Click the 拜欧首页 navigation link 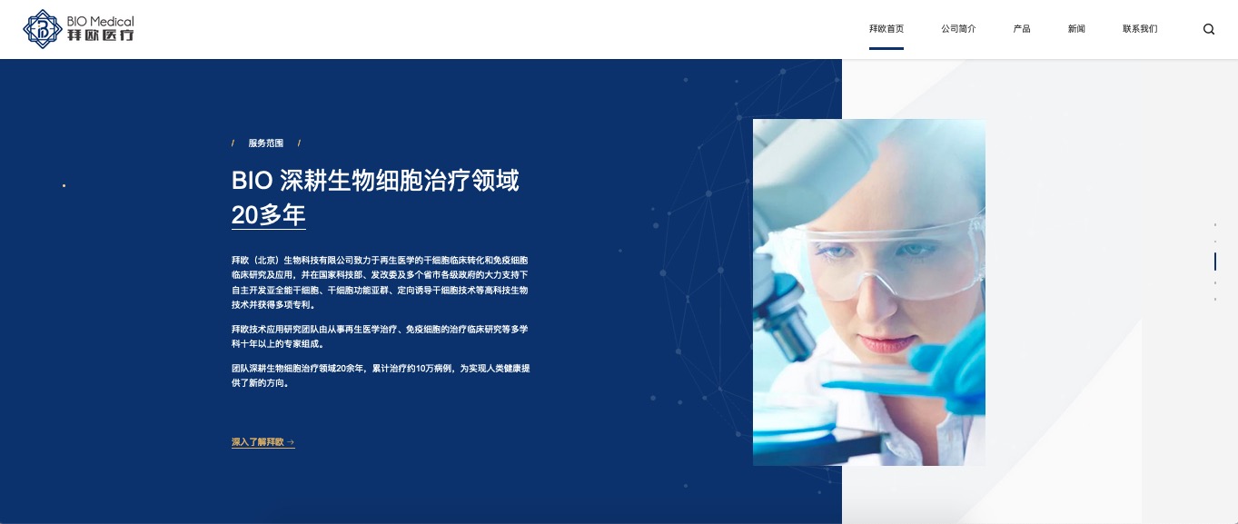[x=886, y=29]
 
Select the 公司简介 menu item [x=958, y=29]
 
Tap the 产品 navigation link [x=1021, y=29]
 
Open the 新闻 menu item [x=1076, y=29]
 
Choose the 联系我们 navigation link [x=1140, y=29]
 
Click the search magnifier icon [x=1209, y=29]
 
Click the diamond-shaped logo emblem [x=43, y=29]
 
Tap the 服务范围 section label [x=266, y=143]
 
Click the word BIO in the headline [x=252, y=181]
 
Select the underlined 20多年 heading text [x=269, y=215]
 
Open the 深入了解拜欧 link [x=263, y=442]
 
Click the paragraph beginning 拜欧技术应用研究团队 [x=380, y=337]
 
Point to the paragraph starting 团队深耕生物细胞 [x=381, y=376]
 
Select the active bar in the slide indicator [x=1214, y=262]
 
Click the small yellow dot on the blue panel [x=64, y=186]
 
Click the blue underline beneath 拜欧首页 [x=886, y=49]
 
